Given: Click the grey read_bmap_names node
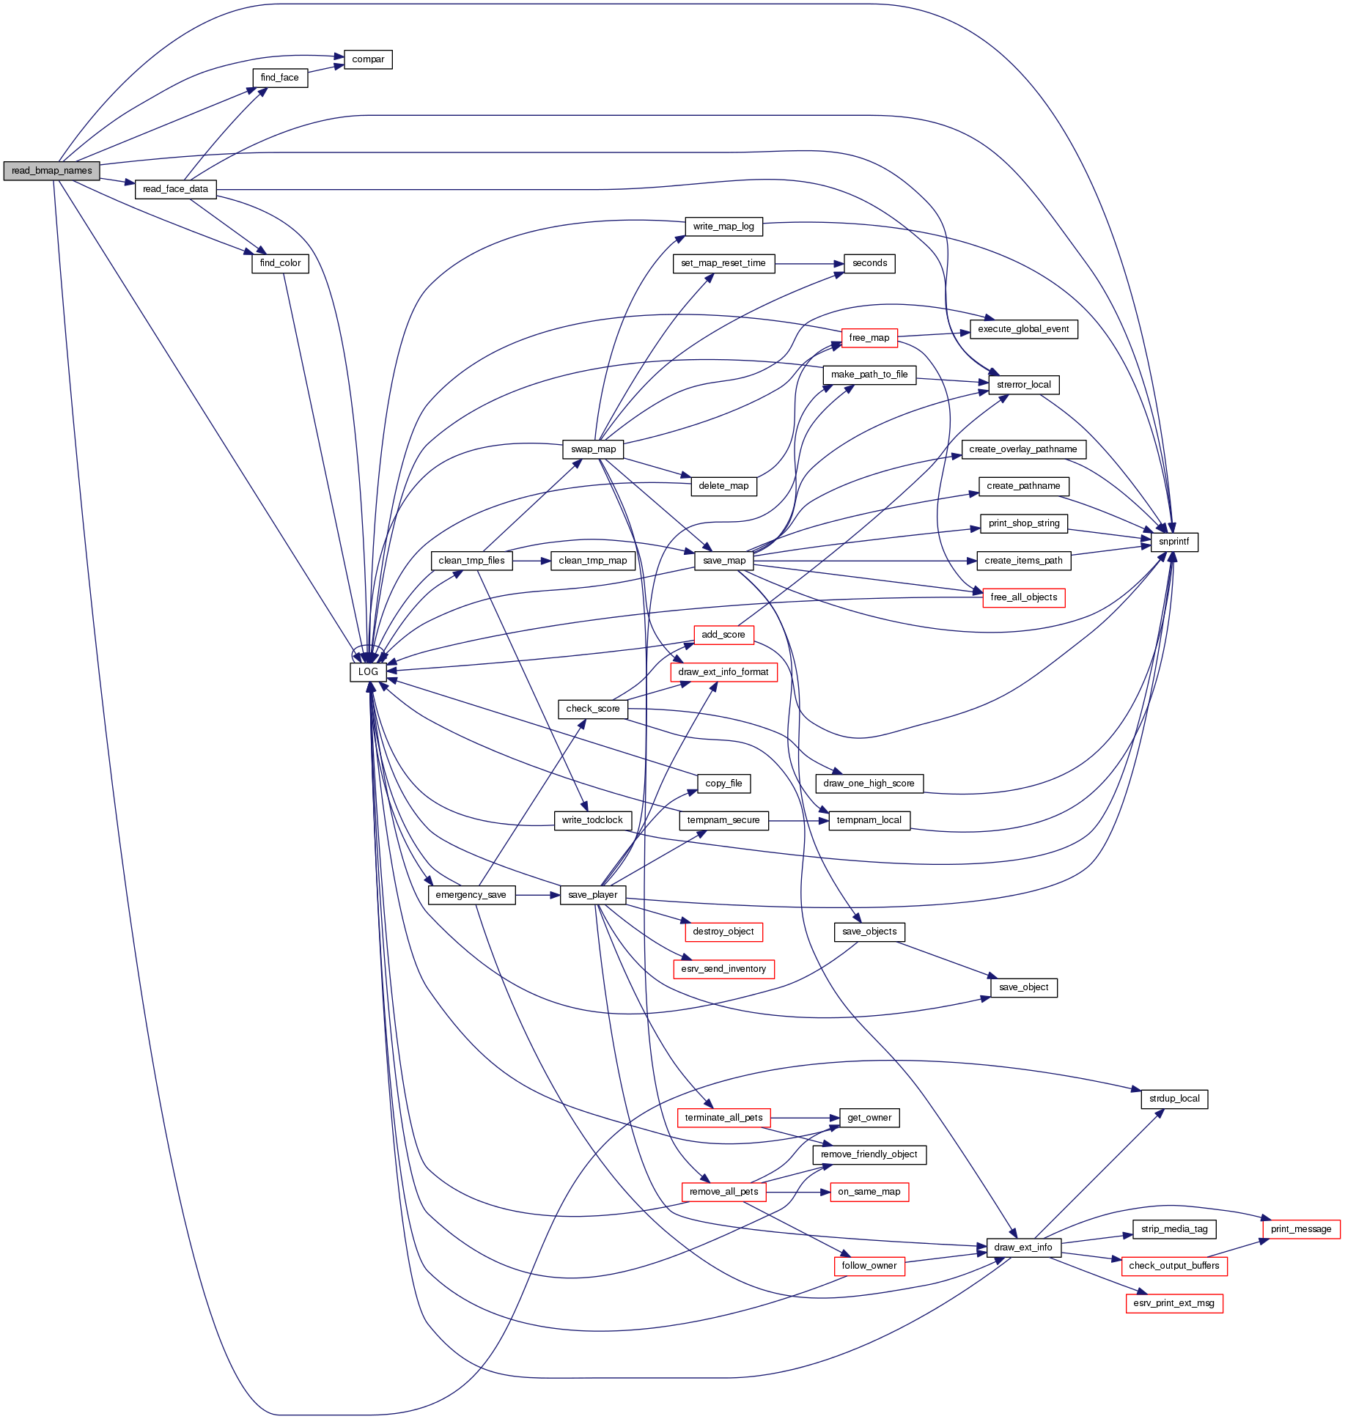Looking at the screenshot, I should pos(51,171).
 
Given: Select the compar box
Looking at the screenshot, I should pos(368,59).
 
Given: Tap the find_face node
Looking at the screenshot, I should pos(279,78).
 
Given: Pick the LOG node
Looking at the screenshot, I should pos(368,672).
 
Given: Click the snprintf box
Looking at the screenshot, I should pos(1173,542).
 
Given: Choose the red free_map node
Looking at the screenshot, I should pos(869,338).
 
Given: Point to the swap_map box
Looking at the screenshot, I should pos(593,449).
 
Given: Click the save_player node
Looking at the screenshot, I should pos(592,895).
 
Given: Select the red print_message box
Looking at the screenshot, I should pos(1301,1229).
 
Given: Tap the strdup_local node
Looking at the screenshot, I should pos(1174,1099).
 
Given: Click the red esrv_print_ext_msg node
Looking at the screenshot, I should pos(1173,1303).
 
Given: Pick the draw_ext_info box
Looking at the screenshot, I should pos(1023,1247).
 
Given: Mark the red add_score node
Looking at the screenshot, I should pos(723,635).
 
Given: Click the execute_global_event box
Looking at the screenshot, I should pos(1023,329).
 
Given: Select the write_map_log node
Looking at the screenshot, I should pos(723,226).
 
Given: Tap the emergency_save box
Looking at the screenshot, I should pos(471,895).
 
